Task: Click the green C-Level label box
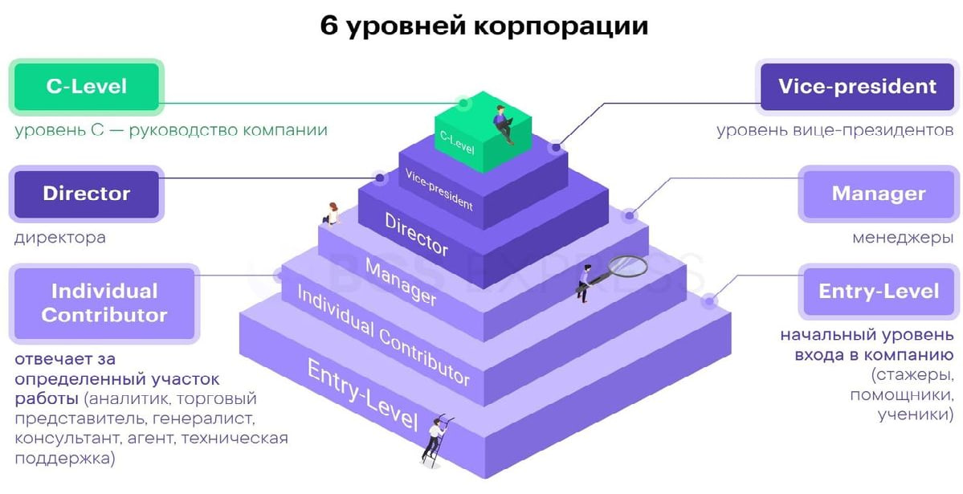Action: pyautogui.click(x=87, y=86)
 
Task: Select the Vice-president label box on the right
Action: pyautogui.click(x=857, y=86)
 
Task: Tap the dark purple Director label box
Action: pyautogui.click(x=87, y=194)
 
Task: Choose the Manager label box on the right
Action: pyautogui.click(x=879, y=194)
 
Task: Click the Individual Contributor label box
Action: pyautogui.click(x=104, y=303)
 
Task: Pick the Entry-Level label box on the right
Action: pyautogui.click(x=879, y=291)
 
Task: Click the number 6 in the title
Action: pyautogui.click(x=328, y=25)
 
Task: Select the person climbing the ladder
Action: pyautogui.click(x=436, y=438)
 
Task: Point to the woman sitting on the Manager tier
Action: pyautogui.click(x=331, y=214)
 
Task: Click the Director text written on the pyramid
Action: pyautogui.click(x=416, y=234)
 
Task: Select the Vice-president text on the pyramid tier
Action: pyautogui.click(x=439, y=190)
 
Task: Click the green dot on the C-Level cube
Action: pyautogui.click(x=463, y=103)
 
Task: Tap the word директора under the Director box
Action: pyautogui.click(x=60, y=238)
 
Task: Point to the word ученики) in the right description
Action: pyautogui.click(x=915, y=415)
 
